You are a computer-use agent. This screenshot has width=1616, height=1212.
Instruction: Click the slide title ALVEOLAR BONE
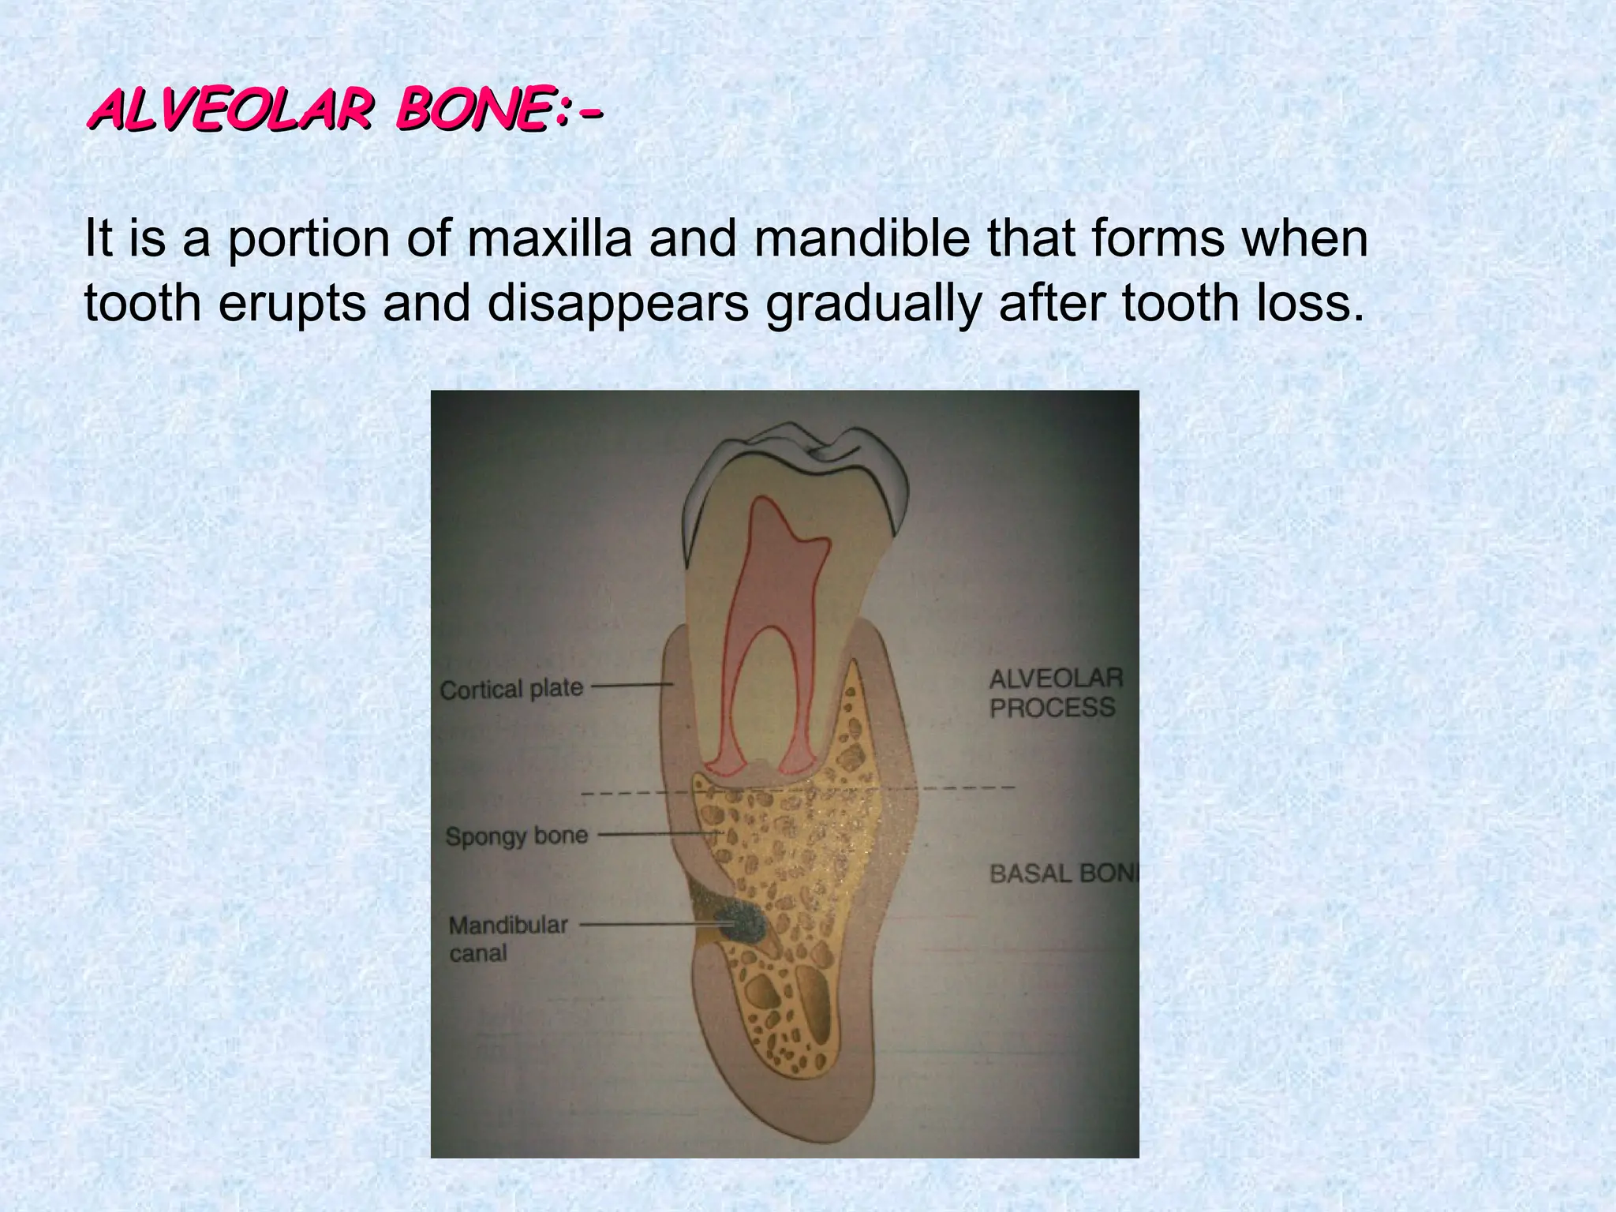click(x=345, y=111)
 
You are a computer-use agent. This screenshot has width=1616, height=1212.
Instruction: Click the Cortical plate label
click(x=511, y=689)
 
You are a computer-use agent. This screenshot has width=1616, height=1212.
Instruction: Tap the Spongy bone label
click(x=517, y=836)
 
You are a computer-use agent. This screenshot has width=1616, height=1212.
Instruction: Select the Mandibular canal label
click(x=508, y=938)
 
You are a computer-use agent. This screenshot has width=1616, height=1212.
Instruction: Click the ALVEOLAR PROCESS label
click(x=1055, y=693)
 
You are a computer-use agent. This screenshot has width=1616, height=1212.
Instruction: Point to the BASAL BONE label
click(x=1064, y=873)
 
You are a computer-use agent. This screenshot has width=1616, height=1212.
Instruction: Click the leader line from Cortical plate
click(x=631, y=686)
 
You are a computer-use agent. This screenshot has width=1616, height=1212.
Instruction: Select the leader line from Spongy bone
click(x=659, y=834)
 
